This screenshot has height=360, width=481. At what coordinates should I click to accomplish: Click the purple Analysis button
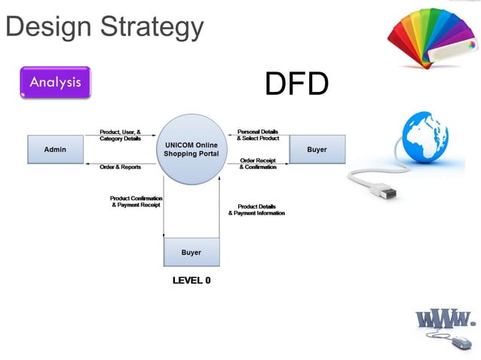click(55, 83)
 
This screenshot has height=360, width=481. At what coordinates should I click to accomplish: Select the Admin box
click(55, 149)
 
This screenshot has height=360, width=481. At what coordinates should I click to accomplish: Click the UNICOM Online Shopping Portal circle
click(191, 149)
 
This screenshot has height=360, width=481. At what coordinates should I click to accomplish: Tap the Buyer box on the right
click(317, 149)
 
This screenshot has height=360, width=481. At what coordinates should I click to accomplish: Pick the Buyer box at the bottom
click(191, 252)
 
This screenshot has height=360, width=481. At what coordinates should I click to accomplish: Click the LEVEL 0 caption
click(191, 280)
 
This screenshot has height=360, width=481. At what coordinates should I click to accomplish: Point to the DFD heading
click(296, 84)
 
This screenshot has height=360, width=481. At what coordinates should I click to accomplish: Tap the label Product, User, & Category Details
click(121, 136)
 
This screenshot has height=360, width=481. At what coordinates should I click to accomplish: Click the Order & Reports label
click(121, 167)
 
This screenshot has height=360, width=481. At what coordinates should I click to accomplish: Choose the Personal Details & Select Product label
click(258, 136)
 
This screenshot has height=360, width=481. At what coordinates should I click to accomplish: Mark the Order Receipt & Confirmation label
click(258, 163)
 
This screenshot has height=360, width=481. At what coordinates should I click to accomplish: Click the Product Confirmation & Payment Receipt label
click(136, 202)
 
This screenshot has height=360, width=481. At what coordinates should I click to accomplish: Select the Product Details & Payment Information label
click(257, 209)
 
